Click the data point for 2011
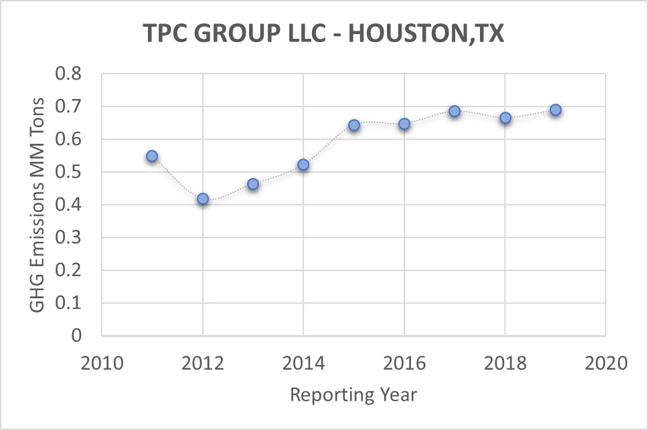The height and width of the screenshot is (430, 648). pos(152,156)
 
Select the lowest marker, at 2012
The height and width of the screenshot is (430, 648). pos(203,199)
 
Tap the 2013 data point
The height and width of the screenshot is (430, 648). pos(253,183)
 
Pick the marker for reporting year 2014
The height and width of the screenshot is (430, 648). pos(303,165)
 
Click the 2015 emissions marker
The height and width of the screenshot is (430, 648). pos(354,125)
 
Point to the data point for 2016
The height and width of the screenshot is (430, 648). pos(404,124)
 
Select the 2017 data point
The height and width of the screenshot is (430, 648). pos(455,111)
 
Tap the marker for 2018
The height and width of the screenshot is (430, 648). pos(505,118)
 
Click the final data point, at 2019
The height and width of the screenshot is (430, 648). pos(556,110)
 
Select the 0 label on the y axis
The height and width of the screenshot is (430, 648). pos(76,336)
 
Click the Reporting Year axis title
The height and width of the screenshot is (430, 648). pos(353,395)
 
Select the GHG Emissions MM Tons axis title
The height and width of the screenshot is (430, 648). pos(38,204)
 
